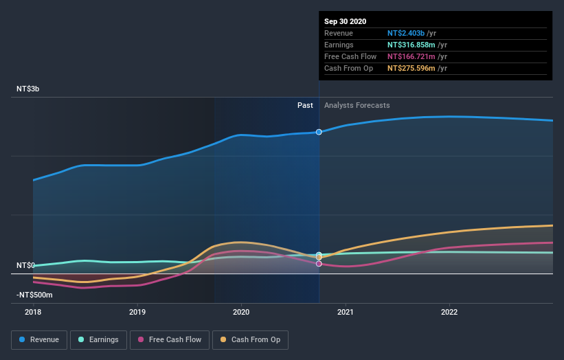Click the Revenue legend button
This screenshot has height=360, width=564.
(40, 339)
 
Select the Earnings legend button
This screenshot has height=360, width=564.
(98, 339)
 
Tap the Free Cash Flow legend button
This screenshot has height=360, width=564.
(170, 339)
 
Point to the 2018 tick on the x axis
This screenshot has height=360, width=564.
(33, 311)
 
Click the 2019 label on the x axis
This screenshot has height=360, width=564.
(137, 311)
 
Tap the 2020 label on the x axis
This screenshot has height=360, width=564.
(241, 311)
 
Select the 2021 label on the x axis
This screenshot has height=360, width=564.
(345, 311)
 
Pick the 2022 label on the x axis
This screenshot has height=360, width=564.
(449, 311)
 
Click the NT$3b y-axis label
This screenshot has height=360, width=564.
(28, 89)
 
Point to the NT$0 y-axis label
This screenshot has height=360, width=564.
(25, 265)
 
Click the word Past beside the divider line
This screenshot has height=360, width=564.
(305, 105)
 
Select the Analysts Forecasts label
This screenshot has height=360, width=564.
(357, 105)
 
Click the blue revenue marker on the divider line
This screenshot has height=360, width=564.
(319, 132)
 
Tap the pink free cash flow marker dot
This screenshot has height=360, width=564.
(319, 264)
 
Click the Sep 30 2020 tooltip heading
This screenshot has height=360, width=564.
(346, 21)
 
